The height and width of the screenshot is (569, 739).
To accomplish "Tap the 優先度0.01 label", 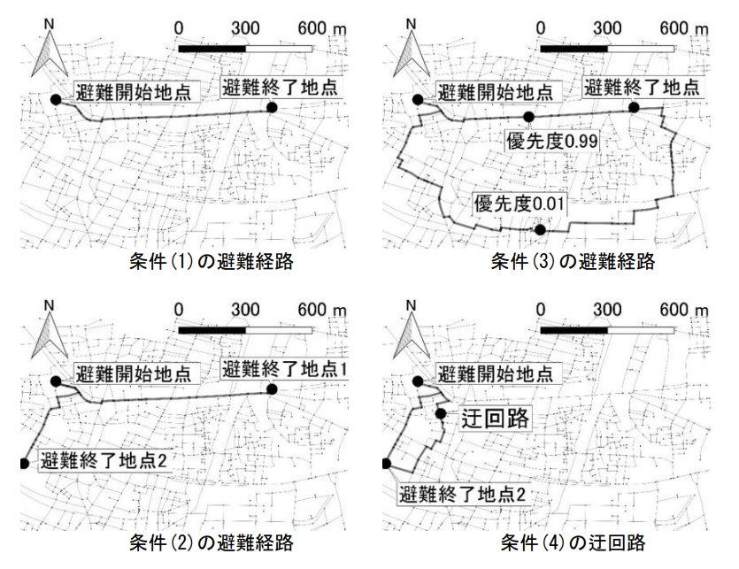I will pyautogui.click(x=520, y=204).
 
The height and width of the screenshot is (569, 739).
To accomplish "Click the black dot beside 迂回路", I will pyautogui.click(x=440, y=413).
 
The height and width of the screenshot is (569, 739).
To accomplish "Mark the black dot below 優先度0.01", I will pyautogui.click(x=540, y=231).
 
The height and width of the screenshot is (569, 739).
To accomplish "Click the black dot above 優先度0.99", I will pyautogui.click(x=529, y=117).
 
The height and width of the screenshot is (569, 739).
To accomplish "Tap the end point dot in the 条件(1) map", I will pyautogui.click(x=272, y=108).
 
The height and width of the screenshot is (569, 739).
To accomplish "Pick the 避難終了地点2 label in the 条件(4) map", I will pyautogui.click(x=464, y=492).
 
